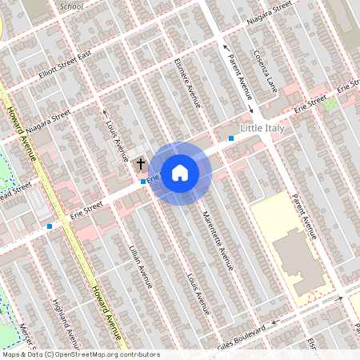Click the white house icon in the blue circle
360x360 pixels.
pos(180,172)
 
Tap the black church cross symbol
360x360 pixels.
pos(141,164)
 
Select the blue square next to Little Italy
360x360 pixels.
pos(231,138)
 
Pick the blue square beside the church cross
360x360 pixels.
pos(143,182)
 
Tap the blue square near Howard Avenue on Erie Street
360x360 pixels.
pos(50,226)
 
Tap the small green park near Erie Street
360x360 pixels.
pos(330,103)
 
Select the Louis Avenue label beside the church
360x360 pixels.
pos(118,134)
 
